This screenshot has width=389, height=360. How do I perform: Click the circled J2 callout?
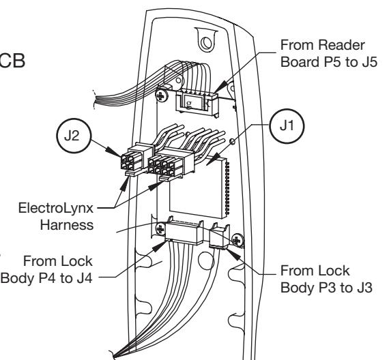pos(74,136)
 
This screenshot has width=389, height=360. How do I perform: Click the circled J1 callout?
pos(287,126)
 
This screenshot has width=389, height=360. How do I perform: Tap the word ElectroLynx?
pos(56,208)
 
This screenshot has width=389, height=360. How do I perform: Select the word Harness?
pos(67,225)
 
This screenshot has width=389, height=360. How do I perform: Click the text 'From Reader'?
pos(323,45)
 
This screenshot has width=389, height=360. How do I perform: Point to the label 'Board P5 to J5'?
pos(329,62)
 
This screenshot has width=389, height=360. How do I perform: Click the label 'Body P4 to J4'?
pos(46,278)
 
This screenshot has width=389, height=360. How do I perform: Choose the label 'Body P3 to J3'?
pos(326,288)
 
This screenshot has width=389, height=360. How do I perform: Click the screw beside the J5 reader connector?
pos(162,95)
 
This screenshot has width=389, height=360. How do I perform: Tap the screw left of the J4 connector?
pos(160,229)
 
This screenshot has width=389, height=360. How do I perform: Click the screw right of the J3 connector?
pos(237,240)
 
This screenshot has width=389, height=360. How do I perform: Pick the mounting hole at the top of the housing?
pos(206,43)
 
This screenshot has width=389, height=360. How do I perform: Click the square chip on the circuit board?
pos(199,188)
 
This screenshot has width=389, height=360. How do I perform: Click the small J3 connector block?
pos(220,235)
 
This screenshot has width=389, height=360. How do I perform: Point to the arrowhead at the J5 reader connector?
pos(220,87)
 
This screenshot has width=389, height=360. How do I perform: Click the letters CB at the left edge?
pos(12,61)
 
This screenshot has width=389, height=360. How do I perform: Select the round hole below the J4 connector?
pos(206,261)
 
